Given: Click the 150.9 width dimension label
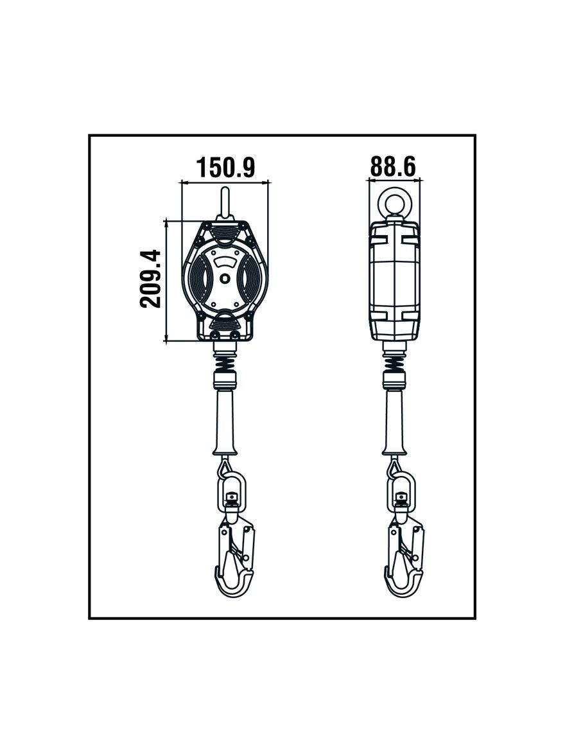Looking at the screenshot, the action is [x=225, y=167].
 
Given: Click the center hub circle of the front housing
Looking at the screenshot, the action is [x=225, y=279].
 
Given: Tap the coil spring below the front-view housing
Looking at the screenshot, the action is [x=226, y=361].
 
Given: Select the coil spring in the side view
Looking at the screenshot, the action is [x=395, y=361].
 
